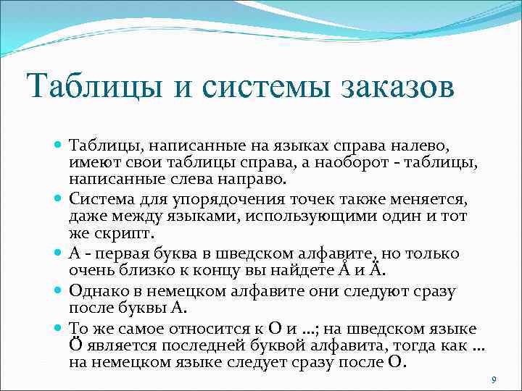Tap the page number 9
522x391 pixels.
tap(493, 379)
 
